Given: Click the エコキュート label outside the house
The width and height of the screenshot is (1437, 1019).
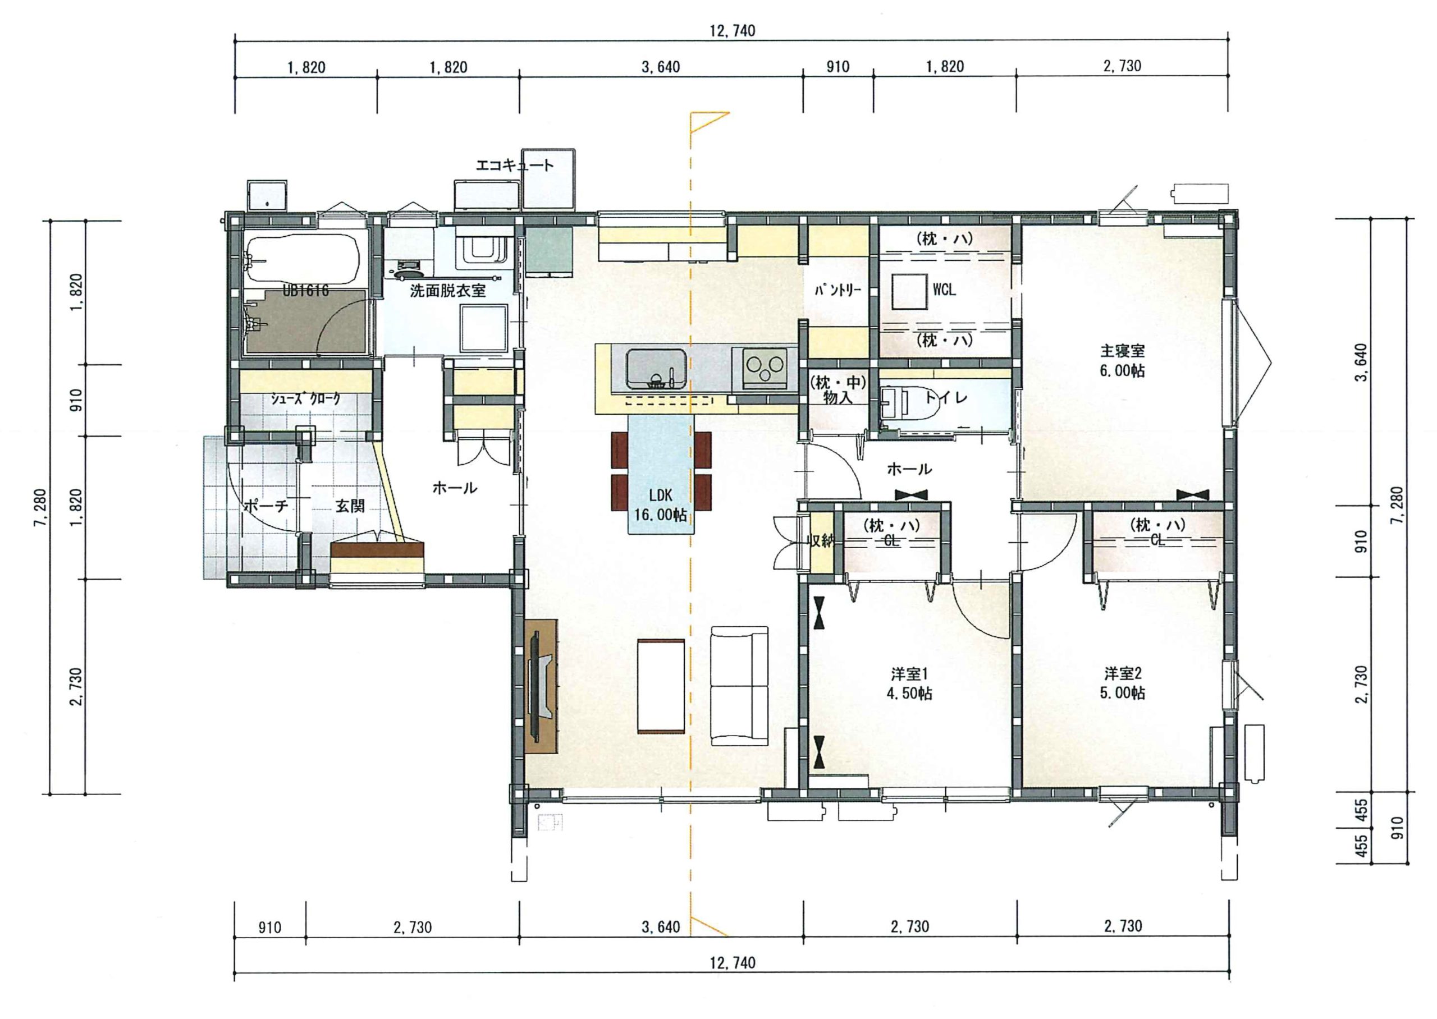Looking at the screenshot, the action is coord(515,166).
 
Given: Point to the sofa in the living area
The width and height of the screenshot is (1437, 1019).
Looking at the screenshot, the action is coord(740,686).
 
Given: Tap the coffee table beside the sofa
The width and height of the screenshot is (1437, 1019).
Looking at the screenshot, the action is coord(661,686).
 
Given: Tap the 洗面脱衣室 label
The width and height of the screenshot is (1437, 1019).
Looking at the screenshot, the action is coord(448,291).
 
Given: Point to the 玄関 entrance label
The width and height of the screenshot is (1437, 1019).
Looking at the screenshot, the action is coord(350,506).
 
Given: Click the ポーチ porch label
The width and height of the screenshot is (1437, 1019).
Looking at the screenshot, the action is coord(266,506).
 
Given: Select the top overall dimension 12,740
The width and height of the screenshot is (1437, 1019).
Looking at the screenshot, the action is coord(733,31).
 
